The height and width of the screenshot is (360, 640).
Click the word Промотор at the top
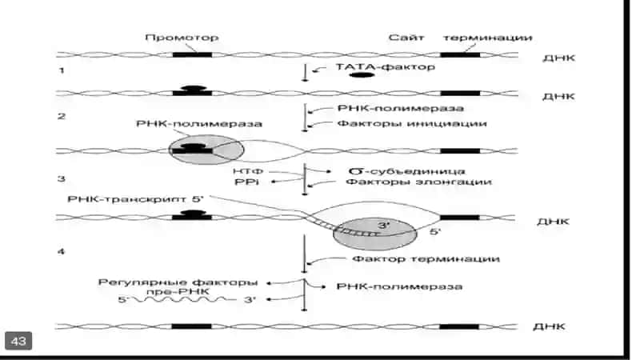(x=182, y=38)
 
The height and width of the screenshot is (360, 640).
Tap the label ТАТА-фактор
(x=386, y=66)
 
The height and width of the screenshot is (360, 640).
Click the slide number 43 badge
(x=18, y=341)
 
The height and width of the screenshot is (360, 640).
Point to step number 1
(x=62, y=70)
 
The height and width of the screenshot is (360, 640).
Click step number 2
(x=62, y=116)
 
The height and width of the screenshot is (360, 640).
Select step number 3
(x=62, y=178)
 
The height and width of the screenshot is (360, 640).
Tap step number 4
(x=62, y=251)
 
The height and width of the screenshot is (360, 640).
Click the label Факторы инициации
(x=412, y=123)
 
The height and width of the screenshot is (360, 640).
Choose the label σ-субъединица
(x=407, y=171)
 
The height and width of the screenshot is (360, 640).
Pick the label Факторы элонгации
(x=418, y=182)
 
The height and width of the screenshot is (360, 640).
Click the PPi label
(x=247, y=182)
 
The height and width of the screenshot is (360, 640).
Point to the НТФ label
(x=248, y=171)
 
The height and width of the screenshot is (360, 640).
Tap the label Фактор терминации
(x=426, y=258)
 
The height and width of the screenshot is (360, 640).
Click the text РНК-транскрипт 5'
(x=135, y=199)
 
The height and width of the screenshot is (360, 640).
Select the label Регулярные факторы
(x=178, y=282)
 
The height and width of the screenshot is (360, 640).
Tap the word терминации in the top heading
(x=488, y=38)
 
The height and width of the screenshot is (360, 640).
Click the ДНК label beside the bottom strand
(x=549, y=326)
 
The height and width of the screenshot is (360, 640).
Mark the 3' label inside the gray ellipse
(x=384, y=226)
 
